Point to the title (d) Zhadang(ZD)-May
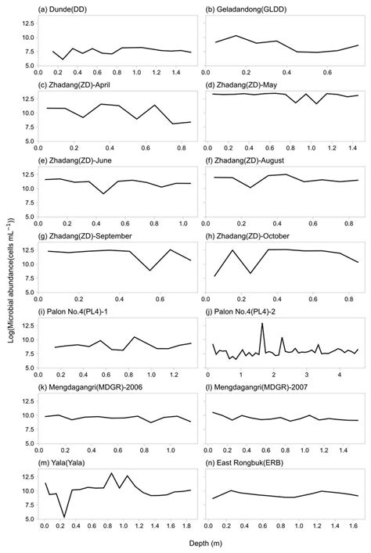pos(240,84)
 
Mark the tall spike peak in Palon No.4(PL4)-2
pos(262,323)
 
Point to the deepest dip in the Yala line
pos(63,517)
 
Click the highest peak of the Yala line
pos(111,473)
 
